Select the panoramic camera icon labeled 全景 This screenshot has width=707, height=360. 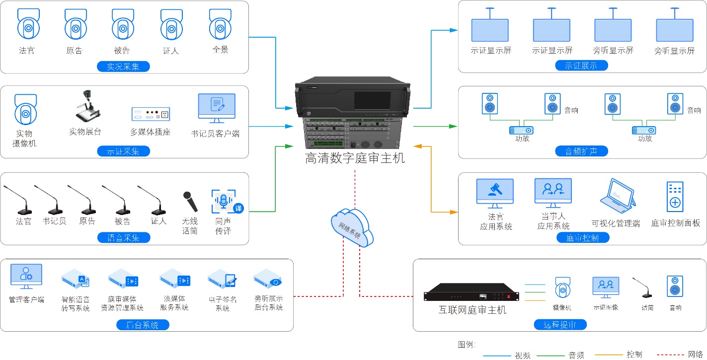pyautogui.click(x=220, y=24)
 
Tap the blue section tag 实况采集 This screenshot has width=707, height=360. pyautogui.click(x=123, y=66)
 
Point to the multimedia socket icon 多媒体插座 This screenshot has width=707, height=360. pyautogui.click(x=151, y=114)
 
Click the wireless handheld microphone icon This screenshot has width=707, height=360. pyautogui.click(x=190, y=202)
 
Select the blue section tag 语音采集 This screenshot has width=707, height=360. pyautogui.click(x=123, y=237)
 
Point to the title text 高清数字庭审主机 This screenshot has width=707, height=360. pyautogui.click(x=355, y=158)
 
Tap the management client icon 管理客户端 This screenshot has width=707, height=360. pyautogui.click(x=26, y=277)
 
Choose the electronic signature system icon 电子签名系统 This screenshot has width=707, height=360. pyautogui.click(x=223, y=280)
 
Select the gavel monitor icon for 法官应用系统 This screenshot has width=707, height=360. pyautogui.click(x=494, y=193)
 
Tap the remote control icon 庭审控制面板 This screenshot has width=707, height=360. pyautogui.click(x=675, y=197)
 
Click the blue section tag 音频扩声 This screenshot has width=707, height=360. pyautogui.click(x=581, y=151)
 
